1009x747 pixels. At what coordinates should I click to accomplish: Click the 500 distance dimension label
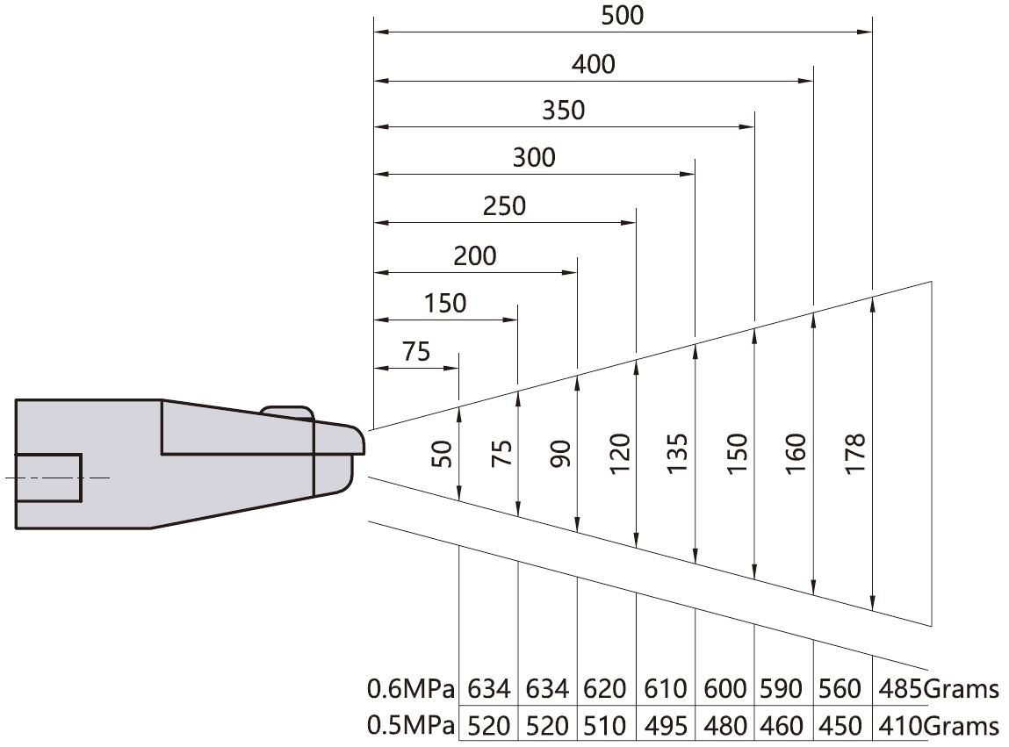coord(623,16)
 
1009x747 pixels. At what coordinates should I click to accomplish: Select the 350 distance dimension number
coord(563,111)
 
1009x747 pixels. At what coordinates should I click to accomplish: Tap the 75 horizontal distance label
coord(415,352)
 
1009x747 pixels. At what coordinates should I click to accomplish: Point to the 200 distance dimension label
coord(475,256)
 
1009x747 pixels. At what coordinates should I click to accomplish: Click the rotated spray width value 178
coord(855,454)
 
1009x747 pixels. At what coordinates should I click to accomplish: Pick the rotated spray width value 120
coord(619,454)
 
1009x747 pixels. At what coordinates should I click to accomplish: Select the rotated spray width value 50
coord(442,454)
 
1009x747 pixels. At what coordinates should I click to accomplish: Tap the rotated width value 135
coord(678,454)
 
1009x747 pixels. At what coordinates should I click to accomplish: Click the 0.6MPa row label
coord(411,688)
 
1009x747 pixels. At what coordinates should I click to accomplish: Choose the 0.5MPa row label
coord(411,726)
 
